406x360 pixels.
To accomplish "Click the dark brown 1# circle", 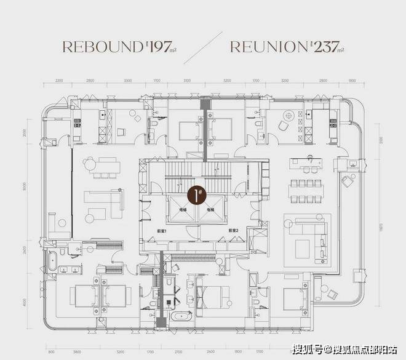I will click(196, 196).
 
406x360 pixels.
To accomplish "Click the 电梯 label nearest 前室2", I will click(210, 210).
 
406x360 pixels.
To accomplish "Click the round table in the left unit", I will click(90, 164).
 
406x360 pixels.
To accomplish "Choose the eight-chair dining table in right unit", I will click(306, 191).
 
